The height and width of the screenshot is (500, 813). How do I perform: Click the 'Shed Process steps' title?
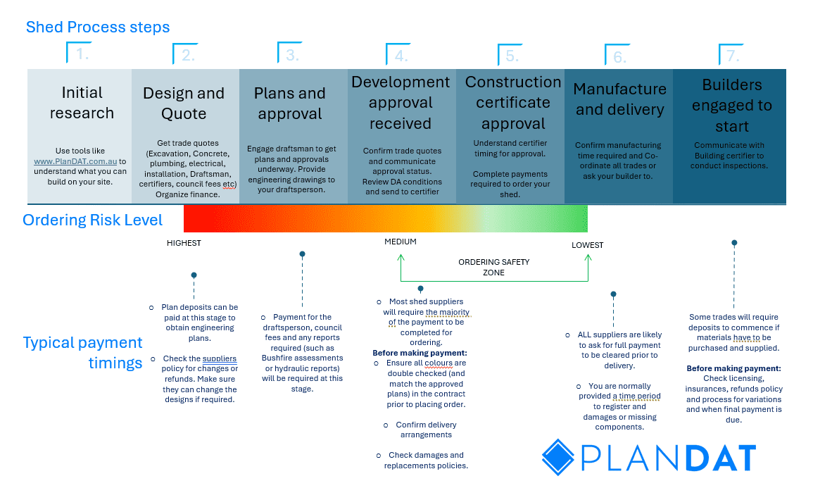(x=97, y=28)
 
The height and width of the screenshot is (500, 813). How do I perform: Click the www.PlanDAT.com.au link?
(x=75, y=161)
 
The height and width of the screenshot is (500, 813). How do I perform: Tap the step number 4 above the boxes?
(x=401, y=55)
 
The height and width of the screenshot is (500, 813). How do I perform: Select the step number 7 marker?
(x=733, y=55)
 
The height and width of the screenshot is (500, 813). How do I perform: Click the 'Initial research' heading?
(x=82, y=103)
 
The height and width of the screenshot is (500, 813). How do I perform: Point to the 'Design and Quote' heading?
(x=184, y=104)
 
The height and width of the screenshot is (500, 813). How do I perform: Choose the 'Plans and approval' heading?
(x=289, y=104)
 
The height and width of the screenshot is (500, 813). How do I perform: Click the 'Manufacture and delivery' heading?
(x=619, y=99)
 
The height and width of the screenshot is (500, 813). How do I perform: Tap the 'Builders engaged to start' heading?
(x=732, y=106)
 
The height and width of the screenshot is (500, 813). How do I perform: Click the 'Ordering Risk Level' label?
(x=93, y=220)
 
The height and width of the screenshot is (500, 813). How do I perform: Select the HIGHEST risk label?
(x=184, y=243)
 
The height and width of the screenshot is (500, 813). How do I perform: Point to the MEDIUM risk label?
(x=400, y=242)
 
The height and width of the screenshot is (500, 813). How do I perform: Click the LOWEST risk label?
(x=587, y=245)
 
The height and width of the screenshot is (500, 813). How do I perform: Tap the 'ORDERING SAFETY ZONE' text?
(x=493, y=267)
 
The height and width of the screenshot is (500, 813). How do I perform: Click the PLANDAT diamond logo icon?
(x=559, y=456)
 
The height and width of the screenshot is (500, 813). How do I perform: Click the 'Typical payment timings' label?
(x=83, y=352)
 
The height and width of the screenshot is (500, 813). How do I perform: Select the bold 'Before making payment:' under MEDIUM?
(x=420, y=353)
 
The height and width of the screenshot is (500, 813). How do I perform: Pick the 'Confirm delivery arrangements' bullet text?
(x=426, y=430)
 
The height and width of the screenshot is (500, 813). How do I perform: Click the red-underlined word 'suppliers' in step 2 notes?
(x=220, y=358)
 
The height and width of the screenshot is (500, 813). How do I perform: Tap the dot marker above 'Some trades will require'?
(x=734, y=242)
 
